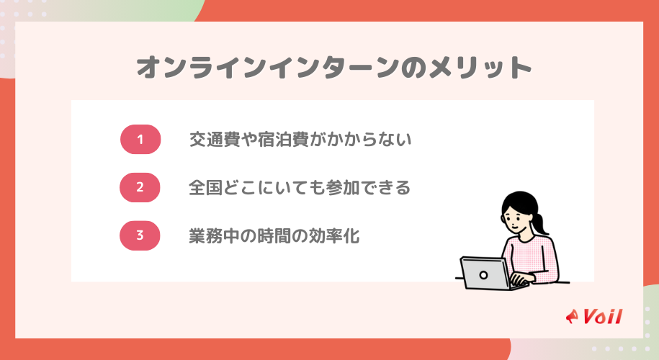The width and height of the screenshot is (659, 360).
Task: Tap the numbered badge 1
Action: coord(140,140)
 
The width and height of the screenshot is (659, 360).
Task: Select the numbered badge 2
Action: coord(140,187)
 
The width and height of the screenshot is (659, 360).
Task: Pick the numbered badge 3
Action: coord(140,235)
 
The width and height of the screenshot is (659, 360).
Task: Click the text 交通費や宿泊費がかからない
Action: coord(300,140)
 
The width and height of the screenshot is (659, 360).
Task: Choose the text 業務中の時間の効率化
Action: coord(274,235)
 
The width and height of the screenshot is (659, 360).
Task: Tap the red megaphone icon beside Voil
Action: coord(573,317)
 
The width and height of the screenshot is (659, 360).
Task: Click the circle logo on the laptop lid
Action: coord(485,273)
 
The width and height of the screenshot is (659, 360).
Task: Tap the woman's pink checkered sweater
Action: coord(537,256)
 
